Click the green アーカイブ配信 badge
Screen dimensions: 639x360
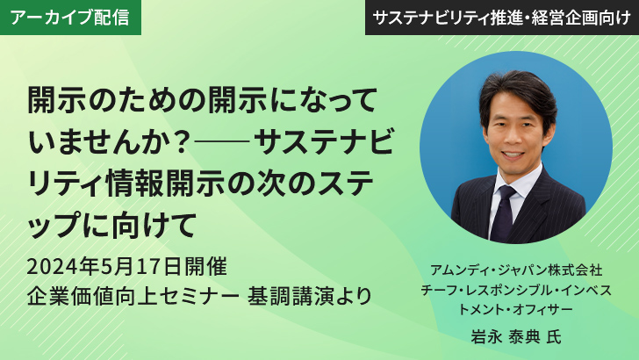[x=70, y=18]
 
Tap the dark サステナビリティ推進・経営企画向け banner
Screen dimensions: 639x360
[x=502, y=18]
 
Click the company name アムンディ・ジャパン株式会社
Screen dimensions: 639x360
[x=516, y=270]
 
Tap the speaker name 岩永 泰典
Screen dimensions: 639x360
[x=506, y=337]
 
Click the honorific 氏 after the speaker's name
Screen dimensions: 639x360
[x=554, y=337]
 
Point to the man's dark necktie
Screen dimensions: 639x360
[x=503, y=213]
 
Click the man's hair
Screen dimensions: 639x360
[x=518, y=92]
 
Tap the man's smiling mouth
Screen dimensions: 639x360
[x=513, y=155]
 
